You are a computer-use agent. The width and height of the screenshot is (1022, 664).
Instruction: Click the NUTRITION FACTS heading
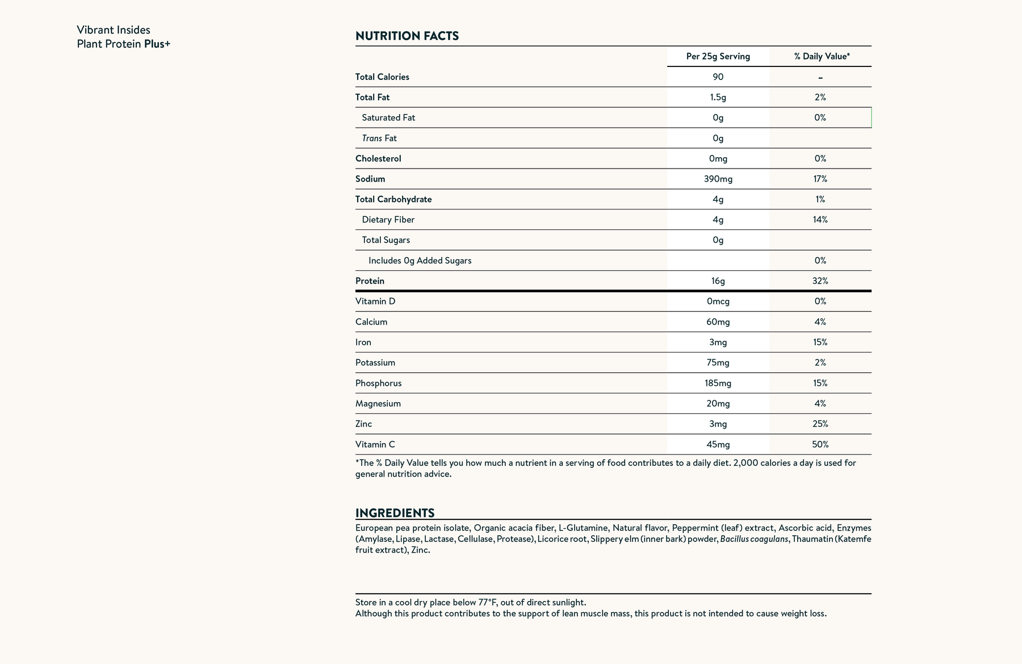[407, 36]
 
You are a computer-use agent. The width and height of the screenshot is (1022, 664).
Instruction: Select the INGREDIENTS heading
[395, 513]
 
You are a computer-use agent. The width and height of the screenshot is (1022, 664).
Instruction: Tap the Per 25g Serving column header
[718, 56]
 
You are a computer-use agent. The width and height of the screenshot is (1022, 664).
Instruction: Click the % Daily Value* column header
[822, 56]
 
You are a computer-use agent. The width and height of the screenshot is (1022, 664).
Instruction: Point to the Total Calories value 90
[718, 77]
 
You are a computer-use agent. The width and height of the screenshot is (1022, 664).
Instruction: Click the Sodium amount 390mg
[718, 179]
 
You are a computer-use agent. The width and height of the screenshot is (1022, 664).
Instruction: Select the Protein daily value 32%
[820, 281]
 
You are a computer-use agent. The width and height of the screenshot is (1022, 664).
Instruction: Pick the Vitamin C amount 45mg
[718, 444]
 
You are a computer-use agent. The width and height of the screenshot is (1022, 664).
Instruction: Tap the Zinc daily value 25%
[820, 424]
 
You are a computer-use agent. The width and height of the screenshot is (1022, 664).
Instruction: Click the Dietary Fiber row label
[388, 220]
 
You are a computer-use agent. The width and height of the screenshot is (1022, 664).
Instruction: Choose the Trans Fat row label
[379, 138]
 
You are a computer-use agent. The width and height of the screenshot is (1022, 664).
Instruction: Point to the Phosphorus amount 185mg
[718, 383]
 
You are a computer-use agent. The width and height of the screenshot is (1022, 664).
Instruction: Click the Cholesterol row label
[378, 158]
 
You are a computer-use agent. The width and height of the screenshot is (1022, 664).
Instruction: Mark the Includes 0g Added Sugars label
[420, 260]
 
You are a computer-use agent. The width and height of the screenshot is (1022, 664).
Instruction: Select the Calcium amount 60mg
[718, 322]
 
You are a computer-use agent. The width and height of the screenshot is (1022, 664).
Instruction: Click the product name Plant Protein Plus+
[123, 44]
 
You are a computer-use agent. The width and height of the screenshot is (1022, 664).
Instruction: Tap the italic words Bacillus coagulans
[754, 539]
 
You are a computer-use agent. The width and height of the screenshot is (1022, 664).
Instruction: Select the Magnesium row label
[378, 404]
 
